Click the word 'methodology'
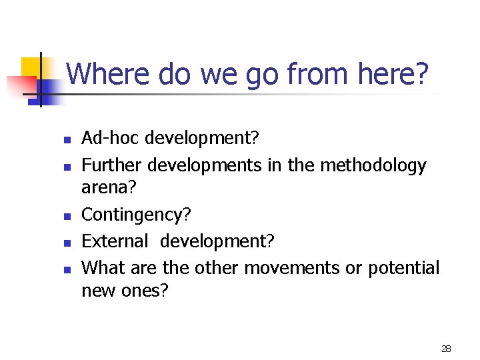click(373, 165)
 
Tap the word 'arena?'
click(109, 189)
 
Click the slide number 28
click(446, 349)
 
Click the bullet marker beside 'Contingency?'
click(66, 217)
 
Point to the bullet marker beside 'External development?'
click(66, 243)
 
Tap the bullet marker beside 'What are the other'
click(66, 269)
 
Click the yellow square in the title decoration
click(31, 67)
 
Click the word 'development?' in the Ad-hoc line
click(202, 139)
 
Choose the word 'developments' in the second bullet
click(205, 165)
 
